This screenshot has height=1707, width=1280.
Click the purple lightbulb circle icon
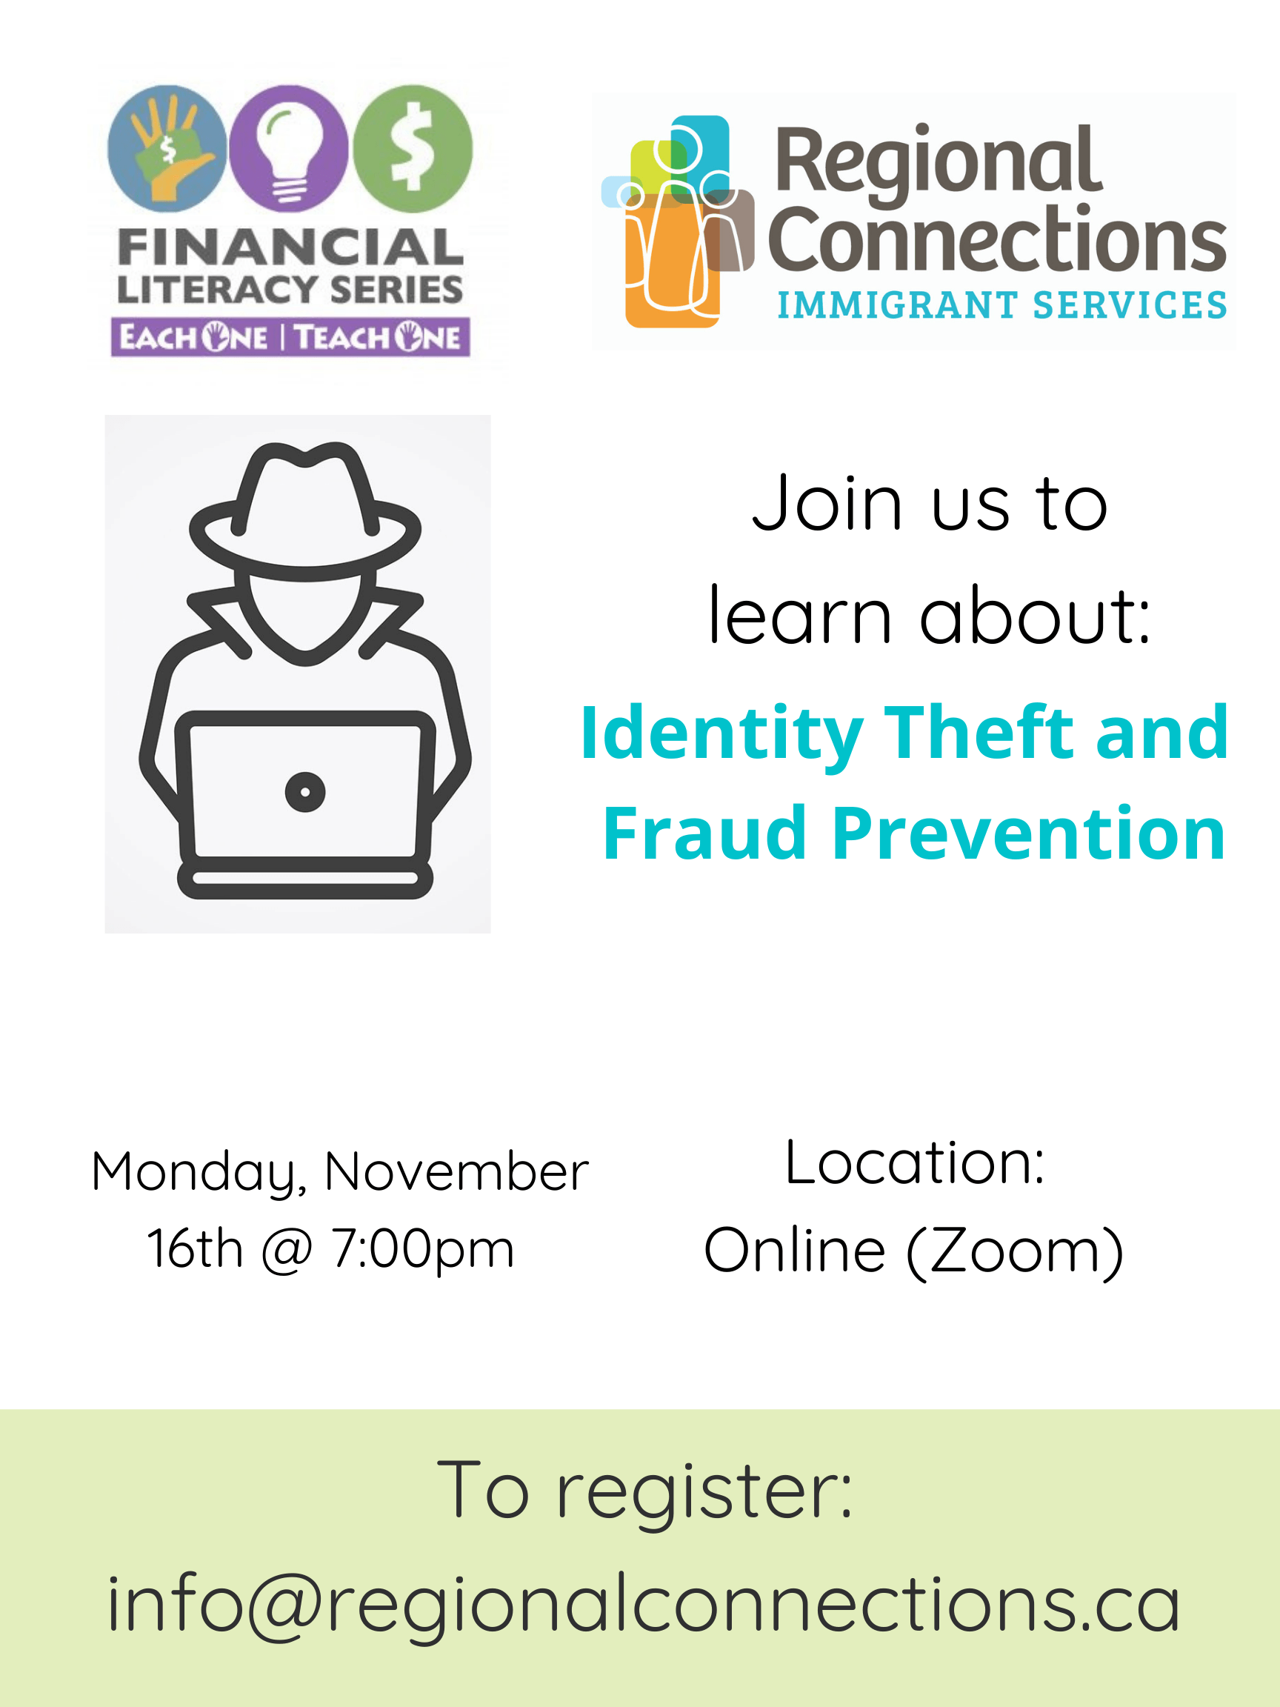tap(289, 148)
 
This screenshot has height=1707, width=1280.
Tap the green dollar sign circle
tap(413, 148)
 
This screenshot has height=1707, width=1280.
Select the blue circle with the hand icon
tap(167, 148)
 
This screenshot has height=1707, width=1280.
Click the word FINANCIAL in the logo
tap(290, 247)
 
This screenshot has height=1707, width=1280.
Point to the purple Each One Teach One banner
tap(290, 337)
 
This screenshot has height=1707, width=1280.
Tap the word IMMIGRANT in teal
tap(898, 305)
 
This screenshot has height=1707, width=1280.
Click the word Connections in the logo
tap(997, 239)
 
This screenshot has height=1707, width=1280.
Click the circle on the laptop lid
tap(304, 792)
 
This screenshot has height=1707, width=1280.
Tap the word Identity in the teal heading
tap(721, 735)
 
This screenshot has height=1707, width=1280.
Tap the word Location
tap(914, 1163)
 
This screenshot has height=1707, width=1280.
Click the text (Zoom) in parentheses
tap(1015, 1251)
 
